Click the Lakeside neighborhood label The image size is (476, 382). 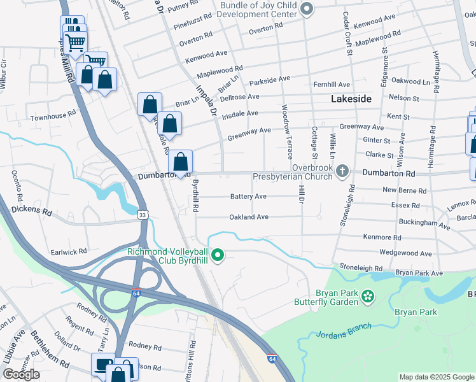tap(351, 99)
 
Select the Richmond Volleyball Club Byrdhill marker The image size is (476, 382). tap(218, 256)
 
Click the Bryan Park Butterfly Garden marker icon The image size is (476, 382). tap(367, 295)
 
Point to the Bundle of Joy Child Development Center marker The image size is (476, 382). tap(307, 8)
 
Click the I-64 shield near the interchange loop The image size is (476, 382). tap(137, 292)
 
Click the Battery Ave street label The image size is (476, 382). tap(248, 197)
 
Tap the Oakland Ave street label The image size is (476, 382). tap(249, 217)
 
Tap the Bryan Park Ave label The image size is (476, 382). tap(419, 272)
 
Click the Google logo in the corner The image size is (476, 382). tap(21, 374)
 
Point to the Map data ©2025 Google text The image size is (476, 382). tap(436, 377)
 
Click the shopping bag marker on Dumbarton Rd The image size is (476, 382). tap(181, 162)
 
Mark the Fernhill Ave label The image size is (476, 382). tap(332, 85)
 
